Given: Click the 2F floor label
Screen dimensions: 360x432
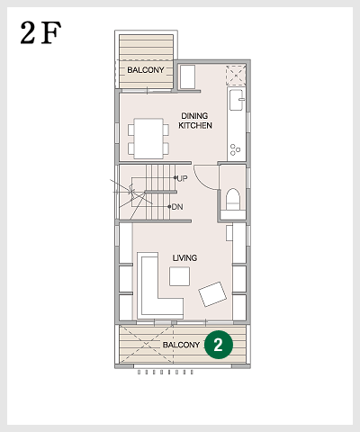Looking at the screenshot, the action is coord(40,32).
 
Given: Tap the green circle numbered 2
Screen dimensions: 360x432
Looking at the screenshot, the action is coord(219,345).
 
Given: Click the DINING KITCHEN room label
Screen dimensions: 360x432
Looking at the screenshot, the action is coord(195,121).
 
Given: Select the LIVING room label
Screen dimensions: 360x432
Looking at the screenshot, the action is coord(184,257).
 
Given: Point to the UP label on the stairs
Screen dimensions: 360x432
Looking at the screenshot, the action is coord(182,178).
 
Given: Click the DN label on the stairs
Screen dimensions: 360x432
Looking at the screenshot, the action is coord(177,207).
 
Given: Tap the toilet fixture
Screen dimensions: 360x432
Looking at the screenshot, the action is coord(233,199).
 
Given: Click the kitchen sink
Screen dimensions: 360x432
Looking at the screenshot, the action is coord(237,100).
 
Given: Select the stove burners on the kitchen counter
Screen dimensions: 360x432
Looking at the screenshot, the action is coord(235,149).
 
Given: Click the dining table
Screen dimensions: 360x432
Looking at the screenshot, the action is coord(148,139).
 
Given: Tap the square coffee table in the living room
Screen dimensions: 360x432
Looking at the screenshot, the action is coord(179,276).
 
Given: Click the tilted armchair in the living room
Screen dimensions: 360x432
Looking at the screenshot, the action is coord(212,294).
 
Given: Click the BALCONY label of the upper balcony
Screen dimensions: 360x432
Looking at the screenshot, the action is coord(146,70).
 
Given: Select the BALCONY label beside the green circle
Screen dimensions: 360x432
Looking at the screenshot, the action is coord(181,345).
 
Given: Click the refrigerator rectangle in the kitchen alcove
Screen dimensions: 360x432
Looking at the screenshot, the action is coord(187,77).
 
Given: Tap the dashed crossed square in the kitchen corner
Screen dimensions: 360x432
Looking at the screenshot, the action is coord(236,76).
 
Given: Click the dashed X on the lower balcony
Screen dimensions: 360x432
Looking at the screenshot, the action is coord(147,345).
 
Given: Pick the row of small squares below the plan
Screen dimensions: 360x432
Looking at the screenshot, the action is coord(166,373).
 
